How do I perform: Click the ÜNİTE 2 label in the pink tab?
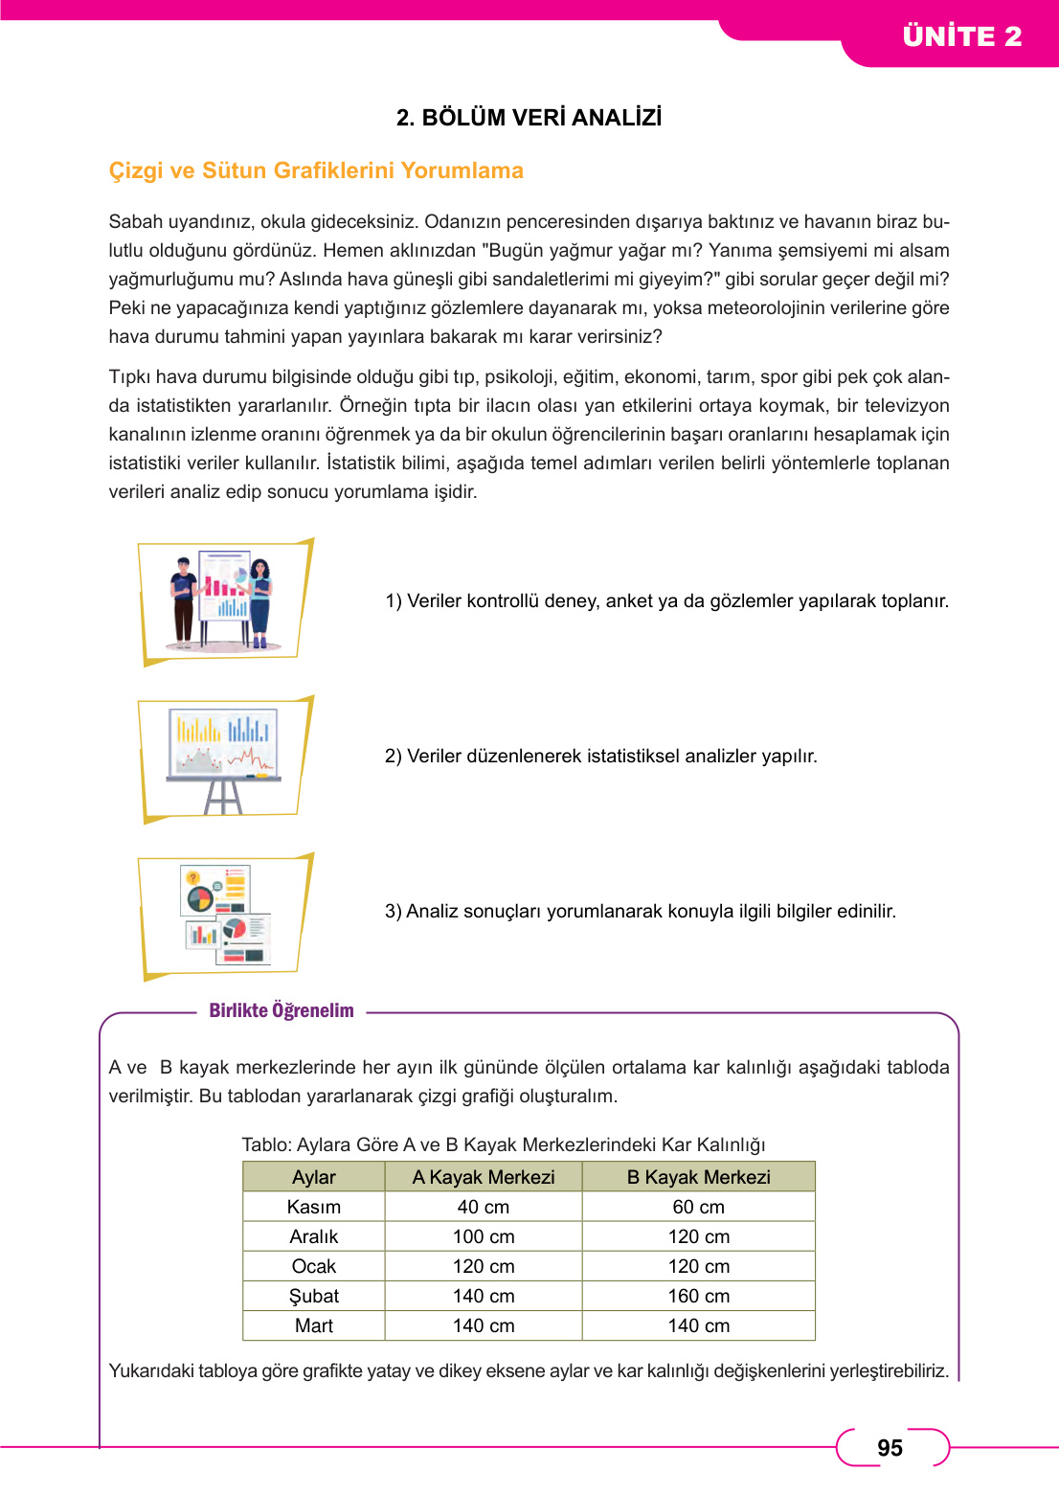(x=961, y=36)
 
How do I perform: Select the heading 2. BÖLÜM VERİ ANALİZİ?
(x=529, y=118)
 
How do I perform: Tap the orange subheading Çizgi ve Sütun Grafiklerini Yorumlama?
(x=316, y=170)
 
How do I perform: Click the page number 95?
(x=890, y=1448)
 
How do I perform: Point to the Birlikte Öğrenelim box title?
(x=282, y=1011)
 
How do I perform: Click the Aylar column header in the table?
(x=314, y=1177)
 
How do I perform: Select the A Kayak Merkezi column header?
(x=484, y=1177)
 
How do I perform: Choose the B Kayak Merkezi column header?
(x=698, y=1177)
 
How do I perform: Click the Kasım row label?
(x=314, y=1207)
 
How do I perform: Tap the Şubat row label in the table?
(x=314, y=1296)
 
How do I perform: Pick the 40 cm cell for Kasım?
(x=484, y=1207)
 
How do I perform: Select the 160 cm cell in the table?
(x=698, y=1296)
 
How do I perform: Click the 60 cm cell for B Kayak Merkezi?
(x=698, y=1207)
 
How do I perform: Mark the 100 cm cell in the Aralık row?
(x=484, y=1236)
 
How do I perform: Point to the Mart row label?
(x=314, y=1325)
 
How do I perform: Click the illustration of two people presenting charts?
(x=224, y=601)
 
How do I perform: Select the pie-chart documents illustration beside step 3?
(x=226, y=916)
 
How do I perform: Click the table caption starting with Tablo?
(x=504, y=1144)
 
